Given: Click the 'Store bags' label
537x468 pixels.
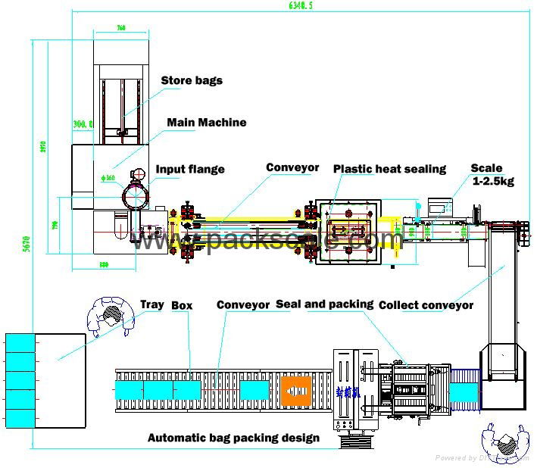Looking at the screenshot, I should pyautogui.click(x=192, y=80).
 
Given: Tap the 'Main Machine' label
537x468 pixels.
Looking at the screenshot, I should pyautogui.click(x=206, y=122).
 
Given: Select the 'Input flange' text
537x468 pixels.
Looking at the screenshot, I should pyautogui.click(x=190, y=170).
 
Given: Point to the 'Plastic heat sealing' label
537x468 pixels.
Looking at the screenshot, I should pyautogui.click(x=389, y=169).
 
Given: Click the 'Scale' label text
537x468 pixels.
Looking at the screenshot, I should pyautogui.click(x=486, y=169).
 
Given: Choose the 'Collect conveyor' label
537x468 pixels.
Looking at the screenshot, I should pyautogui.click(x=426, y=305).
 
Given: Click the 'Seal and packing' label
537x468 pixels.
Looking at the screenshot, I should pyautogui.click(x=324, y=304).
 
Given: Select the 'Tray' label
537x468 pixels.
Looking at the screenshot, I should pyautogui.click(x=151, y=305).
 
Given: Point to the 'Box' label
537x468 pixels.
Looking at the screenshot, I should pyautogui.click(x=182, y=306).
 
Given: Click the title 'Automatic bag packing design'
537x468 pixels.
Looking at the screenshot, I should pyautogui.click(x=233, y=438).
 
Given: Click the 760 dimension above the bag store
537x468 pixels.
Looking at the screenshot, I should pyautogui.click(x=120, y=28).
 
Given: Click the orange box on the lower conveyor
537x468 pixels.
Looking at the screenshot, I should pyautogui.click(x=296, y=391).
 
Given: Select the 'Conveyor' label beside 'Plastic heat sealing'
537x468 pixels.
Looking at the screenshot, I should pyautogui.click(x=292, y=168).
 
